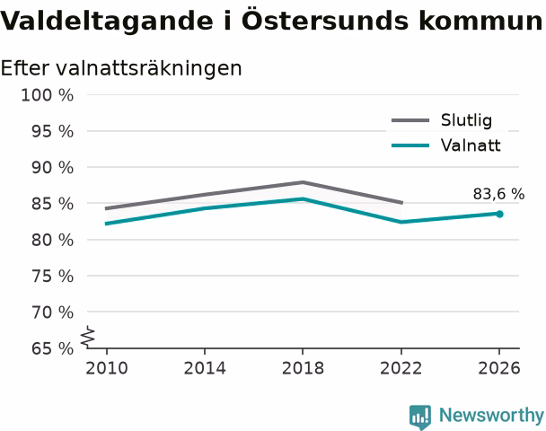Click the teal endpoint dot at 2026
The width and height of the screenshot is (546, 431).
[x=499, y=214]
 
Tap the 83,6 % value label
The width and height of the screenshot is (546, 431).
[x=498, y=194]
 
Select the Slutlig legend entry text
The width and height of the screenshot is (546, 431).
[x=467, y=120]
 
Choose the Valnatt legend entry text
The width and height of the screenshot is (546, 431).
[x=471, y=145]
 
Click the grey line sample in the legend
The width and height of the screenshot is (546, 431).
[x=410, y=120]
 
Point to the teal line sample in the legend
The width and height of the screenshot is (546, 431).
[x=410, y=145]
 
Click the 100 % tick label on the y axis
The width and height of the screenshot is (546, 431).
[x=48, y=95]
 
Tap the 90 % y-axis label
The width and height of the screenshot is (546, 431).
[x=53, y=168]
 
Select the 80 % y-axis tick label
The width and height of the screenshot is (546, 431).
[x=53, y=241]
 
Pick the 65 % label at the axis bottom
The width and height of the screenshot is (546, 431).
[x=53, y=348]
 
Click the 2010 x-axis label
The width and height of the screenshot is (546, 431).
[x=107, y=368]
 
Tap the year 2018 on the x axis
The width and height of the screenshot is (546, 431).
[x=303, y=368]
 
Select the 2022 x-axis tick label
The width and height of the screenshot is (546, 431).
[x=401, y=368]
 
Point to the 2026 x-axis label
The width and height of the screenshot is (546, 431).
[x=499, y=368]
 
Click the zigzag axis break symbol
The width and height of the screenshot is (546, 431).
[x=88, y=337]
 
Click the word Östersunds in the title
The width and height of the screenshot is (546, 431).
[x=325, y=20]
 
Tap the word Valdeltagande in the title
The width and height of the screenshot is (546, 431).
[x=107, y=22]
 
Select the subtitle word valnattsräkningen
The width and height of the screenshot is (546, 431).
[x=149, y=68]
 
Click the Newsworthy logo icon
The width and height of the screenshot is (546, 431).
[x=420, y=417]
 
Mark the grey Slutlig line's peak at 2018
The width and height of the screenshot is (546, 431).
[x=303, y=182]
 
